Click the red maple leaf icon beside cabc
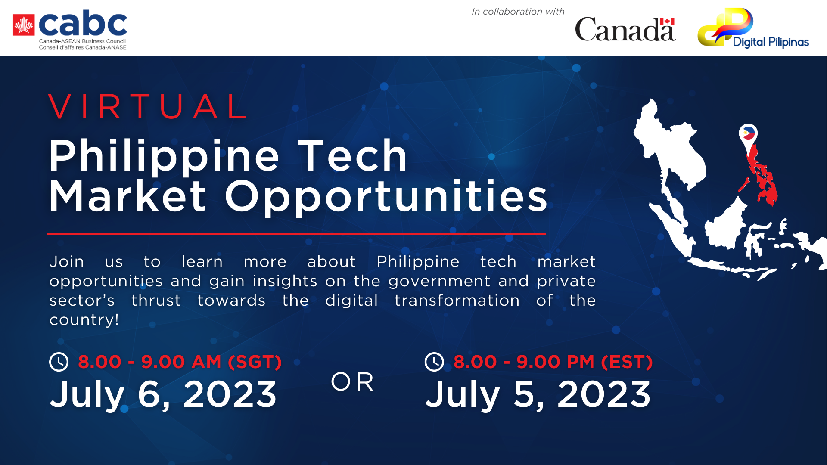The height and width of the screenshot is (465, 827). (24, 25)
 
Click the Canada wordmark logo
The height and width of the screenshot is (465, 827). (625, 29)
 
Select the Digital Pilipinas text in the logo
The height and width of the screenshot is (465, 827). (771, 42)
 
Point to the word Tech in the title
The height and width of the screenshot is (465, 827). (352, 156)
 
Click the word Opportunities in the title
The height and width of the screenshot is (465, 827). (386, 197)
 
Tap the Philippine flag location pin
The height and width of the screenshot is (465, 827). (749, 133)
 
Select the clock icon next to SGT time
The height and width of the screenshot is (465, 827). (59, 362)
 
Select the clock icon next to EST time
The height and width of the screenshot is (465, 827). (434, 362)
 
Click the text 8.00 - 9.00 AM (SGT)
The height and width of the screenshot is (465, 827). (180, 362)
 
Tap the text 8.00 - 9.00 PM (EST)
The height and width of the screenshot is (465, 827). (553, 362)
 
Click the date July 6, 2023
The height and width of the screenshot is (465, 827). (163, 394)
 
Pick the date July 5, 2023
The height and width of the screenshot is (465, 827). (538, 394)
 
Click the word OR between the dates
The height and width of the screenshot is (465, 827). (352, 382)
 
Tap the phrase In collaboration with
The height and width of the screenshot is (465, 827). (518, 12)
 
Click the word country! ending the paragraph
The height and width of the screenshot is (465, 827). (84, 320)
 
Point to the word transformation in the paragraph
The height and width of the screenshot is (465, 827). (457, 301)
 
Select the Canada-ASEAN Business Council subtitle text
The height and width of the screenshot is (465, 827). (82, 41)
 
